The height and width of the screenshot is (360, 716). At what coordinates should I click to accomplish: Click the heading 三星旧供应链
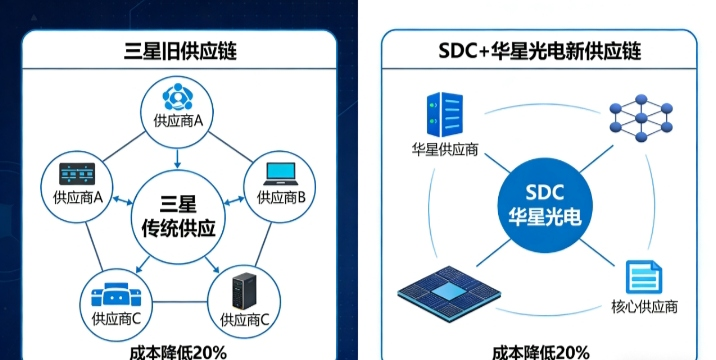click(178, 49)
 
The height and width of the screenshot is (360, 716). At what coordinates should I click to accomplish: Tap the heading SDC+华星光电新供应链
click(539, 49)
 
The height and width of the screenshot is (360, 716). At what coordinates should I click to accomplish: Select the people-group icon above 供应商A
click(178, 98)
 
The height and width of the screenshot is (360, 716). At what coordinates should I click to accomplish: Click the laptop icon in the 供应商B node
click(281, 174)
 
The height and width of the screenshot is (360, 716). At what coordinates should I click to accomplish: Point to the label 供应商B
click(281, 198)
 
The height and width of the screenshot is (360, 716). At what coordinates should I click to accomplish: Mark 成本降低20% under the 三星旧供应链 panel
click(178, 351)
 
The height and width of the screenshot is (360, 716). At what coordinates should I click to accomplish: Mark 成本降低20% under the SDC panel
click(540, 351)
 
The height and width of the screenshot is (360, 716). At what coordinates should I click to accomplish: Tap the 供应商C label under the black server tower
click(244, 320)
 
